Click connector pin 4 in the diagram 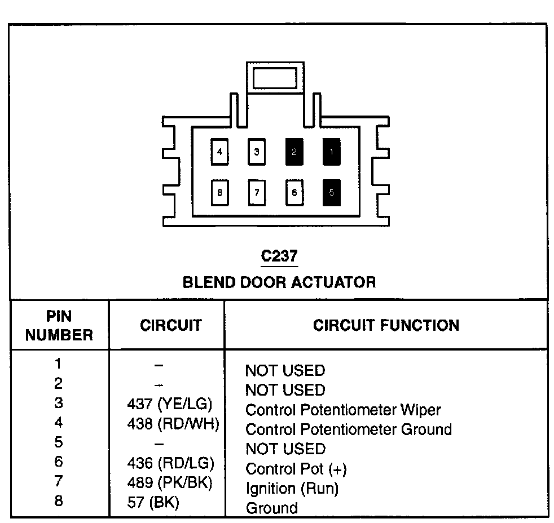tap(219, 152)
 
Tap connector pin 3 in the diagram tap(257, 152)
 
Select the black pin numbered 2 tap(294, 152)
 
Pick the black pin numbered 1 tap(331, 152)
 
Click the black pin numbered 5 tap(331, 192)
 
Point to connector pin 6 tap(294, 192)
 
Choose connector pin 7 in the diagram tap(257, 192)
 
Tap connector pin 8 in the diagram tap(219, 192)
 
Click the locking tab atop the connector tap(275, 78)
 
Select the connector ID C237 tap(279, 256)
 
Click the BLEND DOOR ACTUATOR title tap(279, 281)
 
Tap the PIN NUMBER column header tap(59, 325)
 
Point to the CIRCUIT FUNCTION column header tap(386, 325)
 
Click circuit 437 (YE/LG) tap(170, 404)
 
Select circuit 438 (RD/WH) tap(172, 423)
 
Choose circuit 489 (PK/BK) tap(170, 482)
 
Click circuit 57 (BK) tap(153, 502)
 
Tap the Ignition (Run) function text tap(292, 488)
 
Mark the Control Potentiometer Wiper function tap(343, 409)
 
